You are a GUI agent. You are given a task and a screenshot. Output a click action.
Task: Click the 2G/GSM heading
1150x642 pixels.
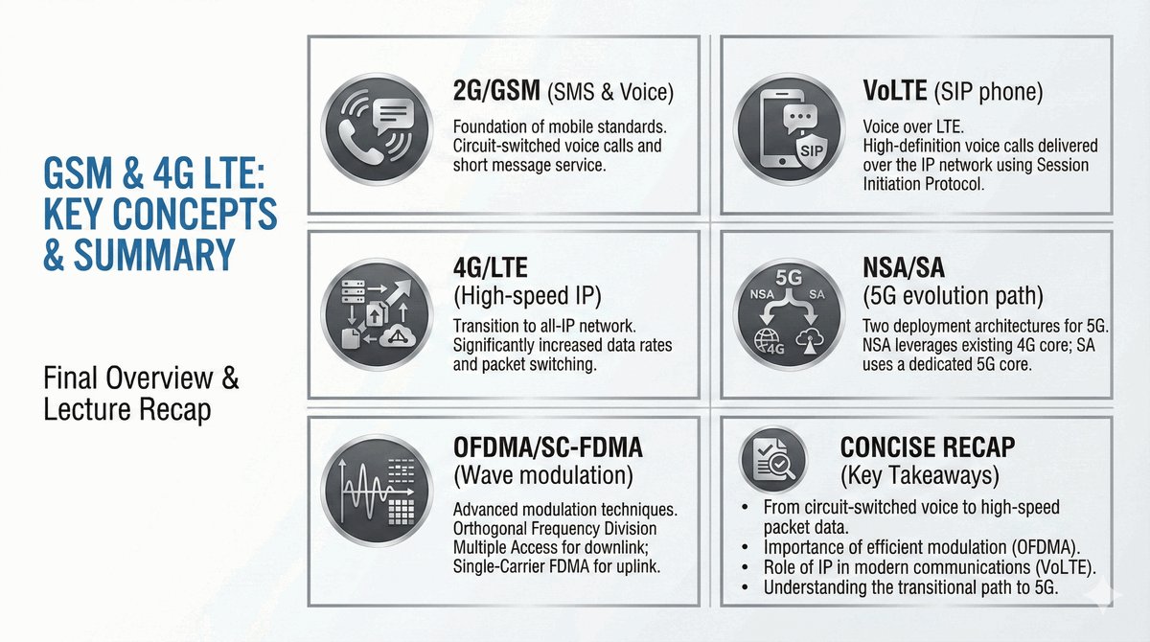(496, 93)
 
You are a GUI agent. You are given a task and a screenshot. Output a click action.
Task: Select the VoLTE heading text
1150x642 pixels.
(895, 93)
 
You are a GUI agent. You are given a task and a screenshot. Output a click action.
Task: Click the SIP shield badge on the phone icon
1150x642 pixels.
(810, 151)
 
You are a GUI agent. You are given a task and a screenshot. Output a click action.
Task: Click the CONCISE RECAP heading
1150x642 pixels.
(927, 447)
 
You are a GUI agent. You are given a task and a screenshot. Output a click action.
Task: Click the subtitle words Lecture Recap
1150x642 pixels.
(127, 410)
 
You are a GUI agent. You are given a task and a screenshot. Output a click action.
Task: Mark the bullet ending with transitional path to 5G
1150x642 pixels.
(910, 587)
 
